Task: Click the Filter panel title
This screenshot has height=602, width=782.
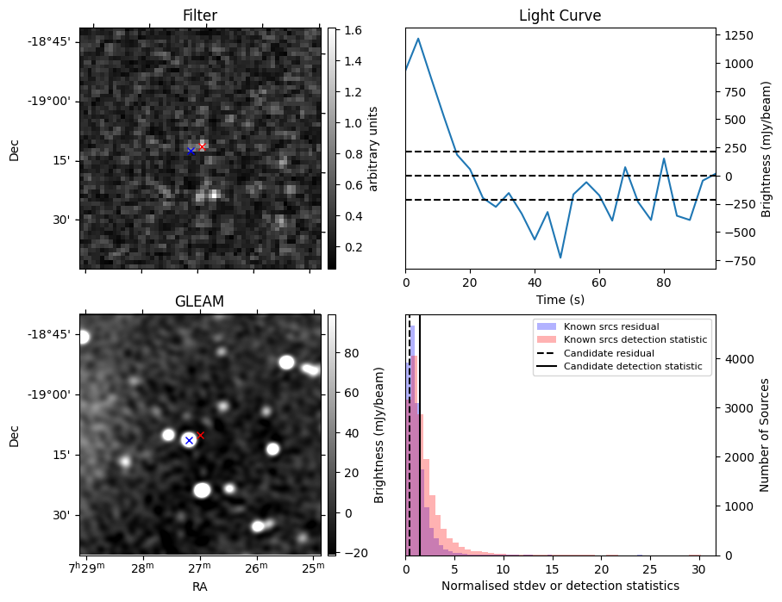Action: tap(200, 16)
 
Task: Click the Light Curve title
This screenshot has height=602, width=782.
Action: tap(560, 16)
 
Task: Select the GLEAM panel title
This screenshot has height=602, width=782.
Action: tap(200, 301)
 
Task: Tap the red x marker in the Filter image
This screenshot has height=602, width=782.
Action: tap(203, 147)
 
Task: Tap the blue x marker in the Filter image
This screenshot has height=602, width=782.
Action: tap(191, 151)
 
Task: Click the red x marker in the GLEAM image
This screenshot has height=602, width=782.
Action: tap(201, 435)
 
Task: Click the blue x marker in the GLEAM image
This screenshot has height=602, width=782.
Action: tap(189, 440)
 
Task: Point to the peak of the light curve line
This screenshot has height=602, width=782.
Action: tap(418, 38)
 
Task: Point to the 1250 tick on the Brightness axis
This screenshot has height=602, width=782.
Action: tap(740, 35)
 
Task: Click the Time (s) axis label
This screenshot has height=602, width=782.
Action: tap(560, 298)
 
